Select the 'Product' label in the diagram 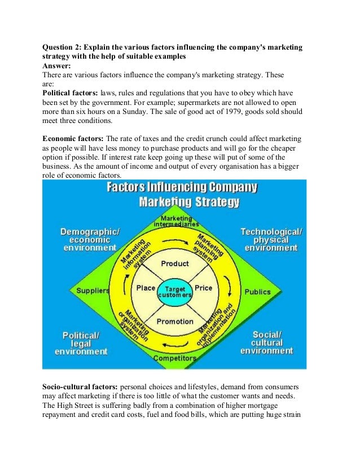[175, 263]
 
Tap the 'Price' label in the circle [203, 288]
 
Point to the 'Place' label [146, 288]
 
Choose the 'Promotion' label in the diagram [175, 322]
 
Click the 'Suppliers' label [93, 291]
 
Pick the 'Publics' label [257, 292]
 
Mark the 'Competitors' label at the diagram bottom [175, 358]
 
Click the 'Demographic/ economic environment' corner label [90, 239]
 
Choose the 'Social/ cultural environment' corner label [267, 342]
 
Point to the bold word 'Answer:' [58, 65]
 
